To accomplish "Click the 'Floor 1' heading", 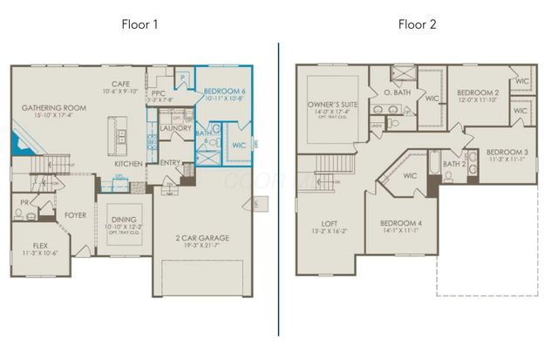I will pyautogui.click(x=139, y=24).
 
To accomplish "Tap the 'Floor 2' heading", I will pyautogui.click(x=418, y=24).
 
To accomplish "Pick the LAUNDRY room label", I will pyautogui.click(x=175, y=128).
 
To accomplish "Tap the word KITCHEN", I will pyautogui.click(x=129, y=164).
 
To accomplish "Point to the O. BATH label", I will pyautogui.click(x=397, y=92).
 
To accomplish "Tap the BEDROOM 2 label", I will pyautogui.click(x=478, y=92).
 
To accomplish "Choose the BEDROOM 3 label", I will pyautogui.click(x=507, y=151).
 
